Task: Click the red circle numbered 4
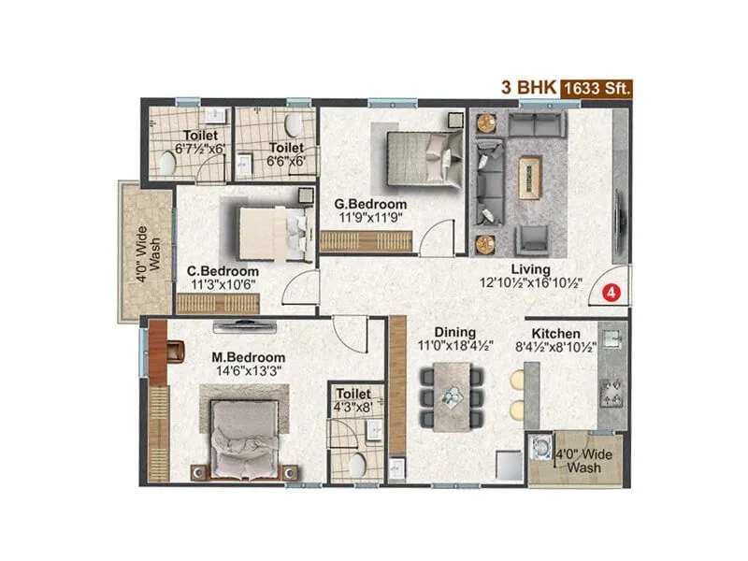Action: click(x=611, y=291)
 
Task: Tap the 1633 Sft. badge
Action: click(x=597, y=89)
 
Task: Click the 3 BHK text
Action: click(x=531, y=89)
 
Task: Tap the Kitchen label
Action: click(x=556, y=334)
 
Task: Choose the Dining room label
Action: click(x=454, y=332)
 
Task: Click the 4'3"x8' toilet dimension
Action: click(x=355, y=408)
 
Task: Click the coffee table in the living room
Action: click(x=529, y=173)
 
